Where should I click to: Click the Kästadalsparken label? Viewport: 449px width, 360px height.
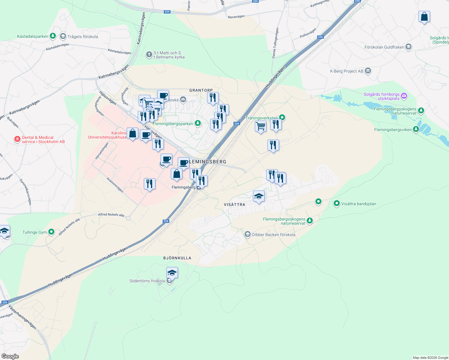tap(33, 36)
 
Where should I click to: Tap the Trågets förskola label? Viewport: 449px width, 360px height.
tap(83, 37)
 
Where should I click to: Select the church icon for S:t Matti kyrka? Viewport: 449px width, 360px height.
tap(149, 55)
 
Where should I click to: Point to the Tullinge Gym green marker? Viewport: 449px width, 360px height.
tap(51, 232)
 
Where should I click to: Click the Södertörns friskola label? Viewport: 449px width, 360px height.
tap(147, 281)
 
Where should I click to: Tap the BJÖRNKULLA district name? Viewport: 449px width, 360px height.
tap(177, 258)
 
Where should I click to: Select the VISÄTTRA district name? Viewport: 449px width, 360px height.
tap(234, 205)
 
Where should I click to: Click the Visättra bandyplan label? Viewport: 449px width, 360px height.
tap(358, 204)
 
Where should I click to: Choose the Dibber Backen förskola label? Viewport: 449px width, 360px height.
tap(273, 235)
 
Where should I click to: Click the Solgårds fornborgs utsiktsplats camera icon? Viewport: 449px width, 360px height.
tap(404, 96)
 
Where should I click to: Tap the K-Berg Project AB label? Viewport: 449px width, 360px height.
tap(346, 71)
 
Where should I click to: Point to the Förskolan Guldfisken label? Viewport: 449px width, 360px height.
tap(384, 47)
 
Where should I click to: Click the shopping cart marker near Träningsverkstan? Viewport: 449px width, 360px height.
tap(261, 126)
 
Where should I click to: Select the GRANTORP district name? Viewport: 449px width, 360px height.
tap(201, 90)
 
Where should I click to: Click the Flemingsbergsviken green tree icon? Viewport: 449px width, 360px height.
tap(416, 129)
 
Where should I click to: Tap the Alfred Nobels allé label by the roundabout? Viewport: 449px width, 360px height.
tap(111, 214)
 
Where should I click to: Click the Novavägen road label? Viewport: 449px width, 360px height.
tap(236, 17)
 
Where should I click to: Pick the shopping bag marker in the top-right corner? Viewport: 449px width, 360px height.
tap(424, 17)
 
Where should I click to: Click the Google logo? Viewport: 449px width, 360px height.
tap(10, 356)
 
